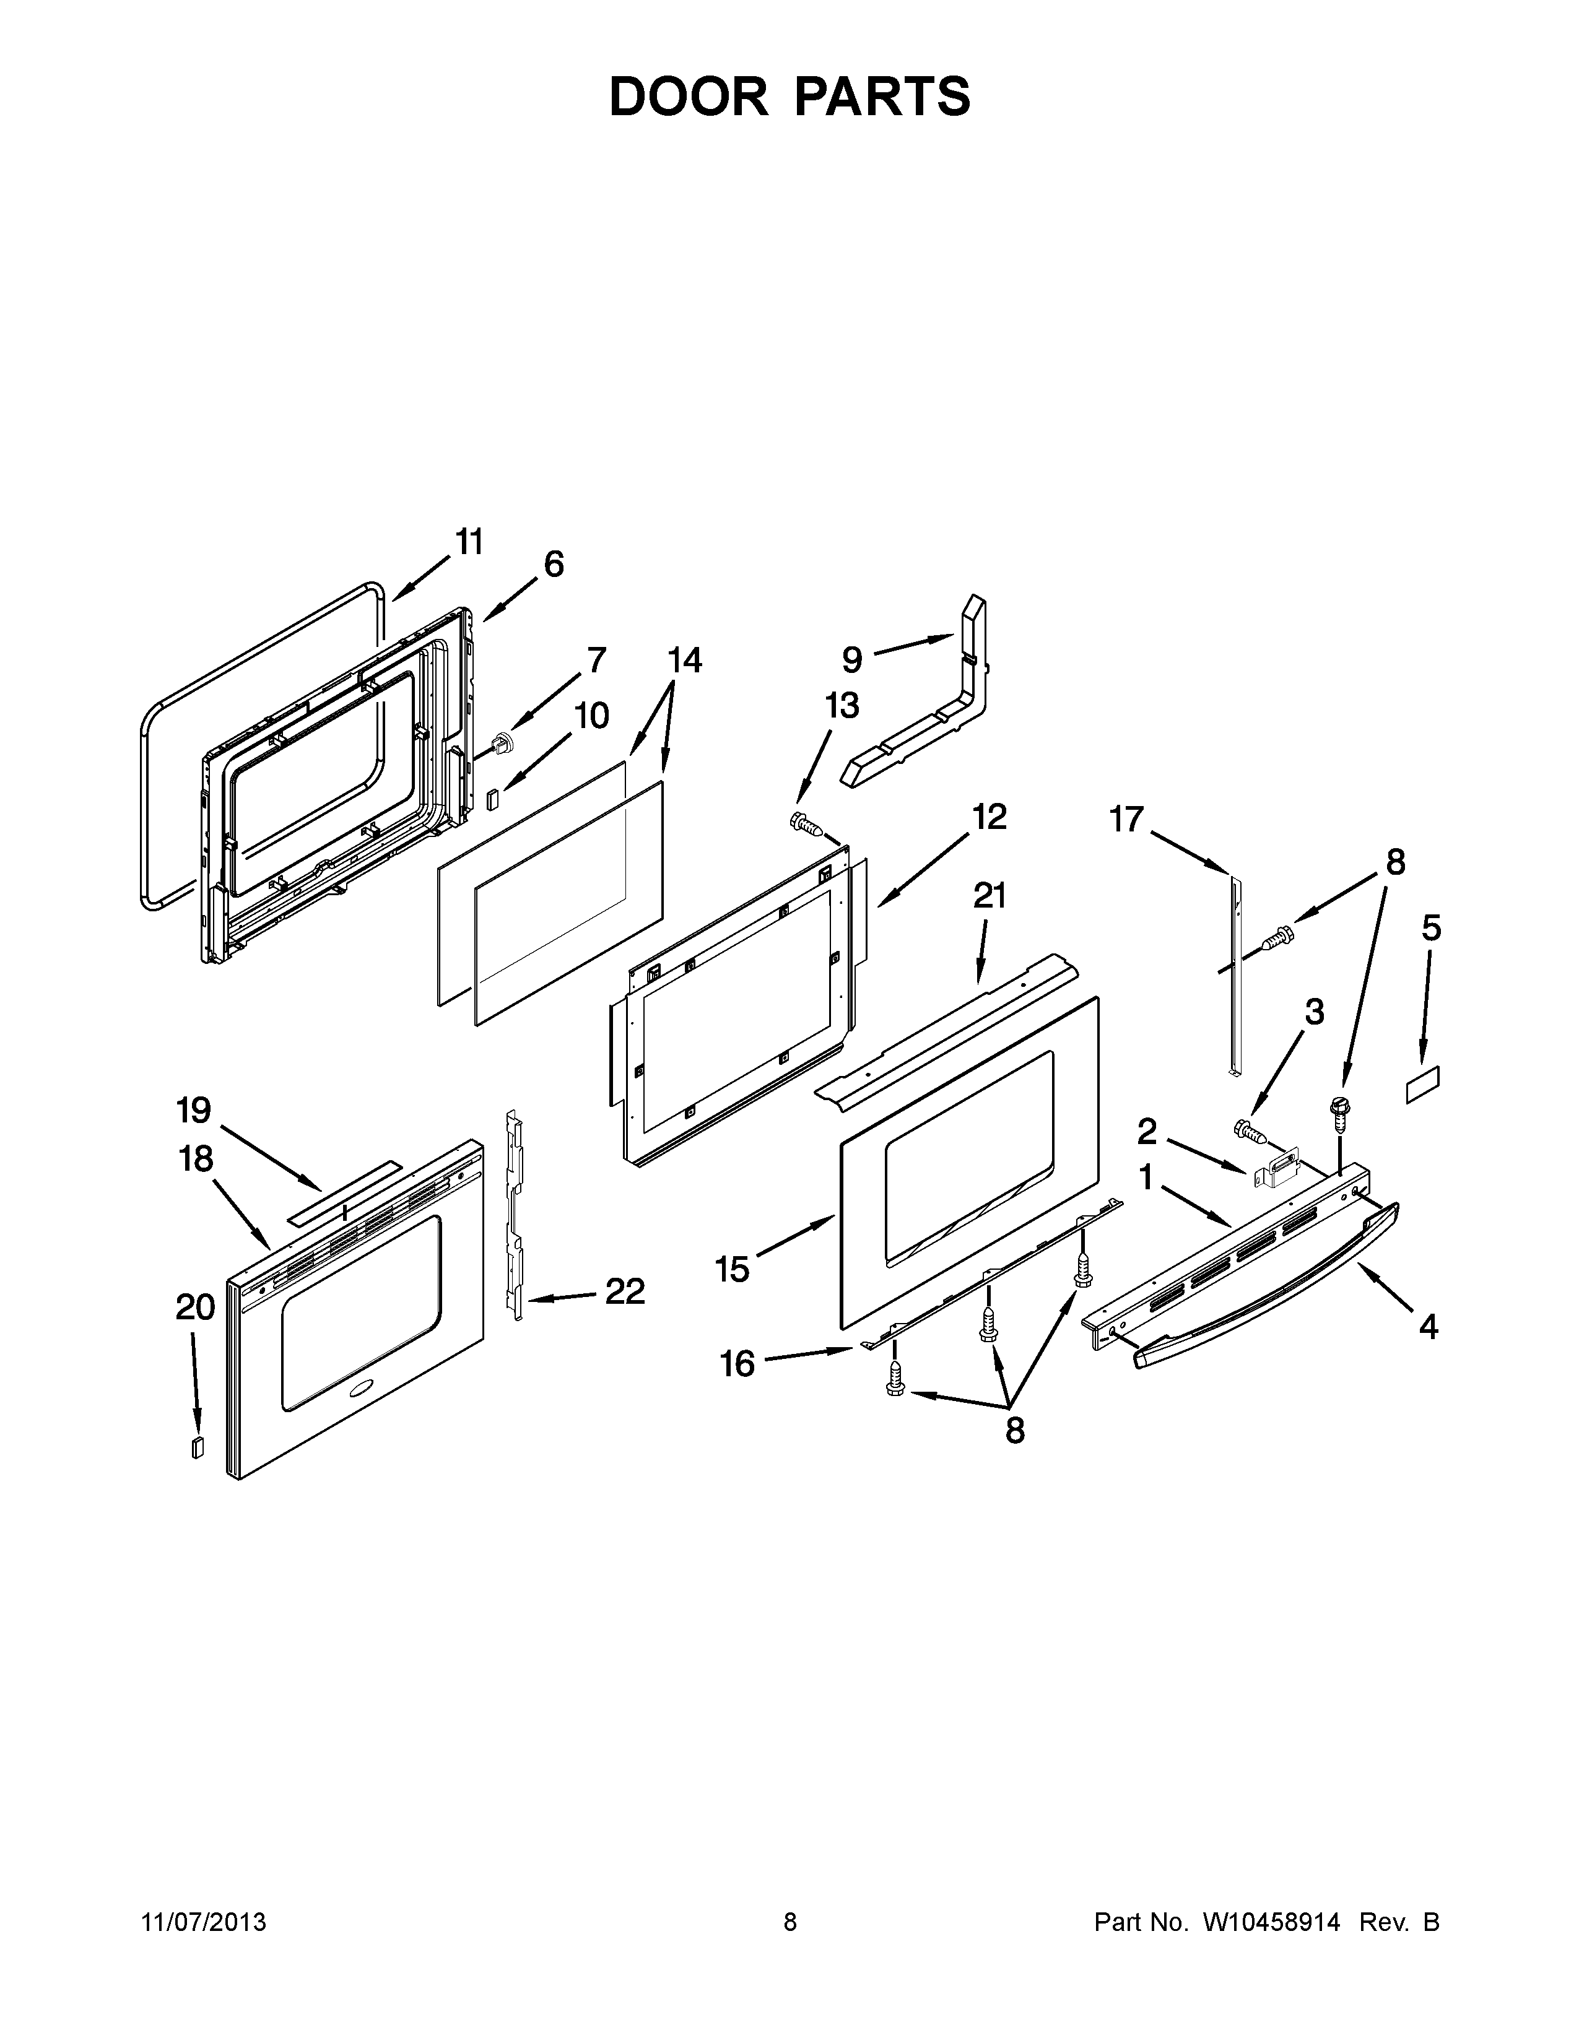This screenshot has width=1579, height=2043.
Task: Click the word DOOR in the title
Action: (x=687, y=97)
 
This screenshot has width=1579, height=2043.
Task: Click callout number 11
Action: (x=469, y=542)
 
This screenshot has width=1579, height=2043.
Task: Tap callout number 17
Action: (x=1126, y=820)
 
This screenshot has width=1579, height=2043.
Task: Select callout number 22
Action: (x=625, y=1292)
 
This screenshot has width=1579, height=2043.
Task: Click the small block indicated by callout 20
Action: (x=196, y=1447)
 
